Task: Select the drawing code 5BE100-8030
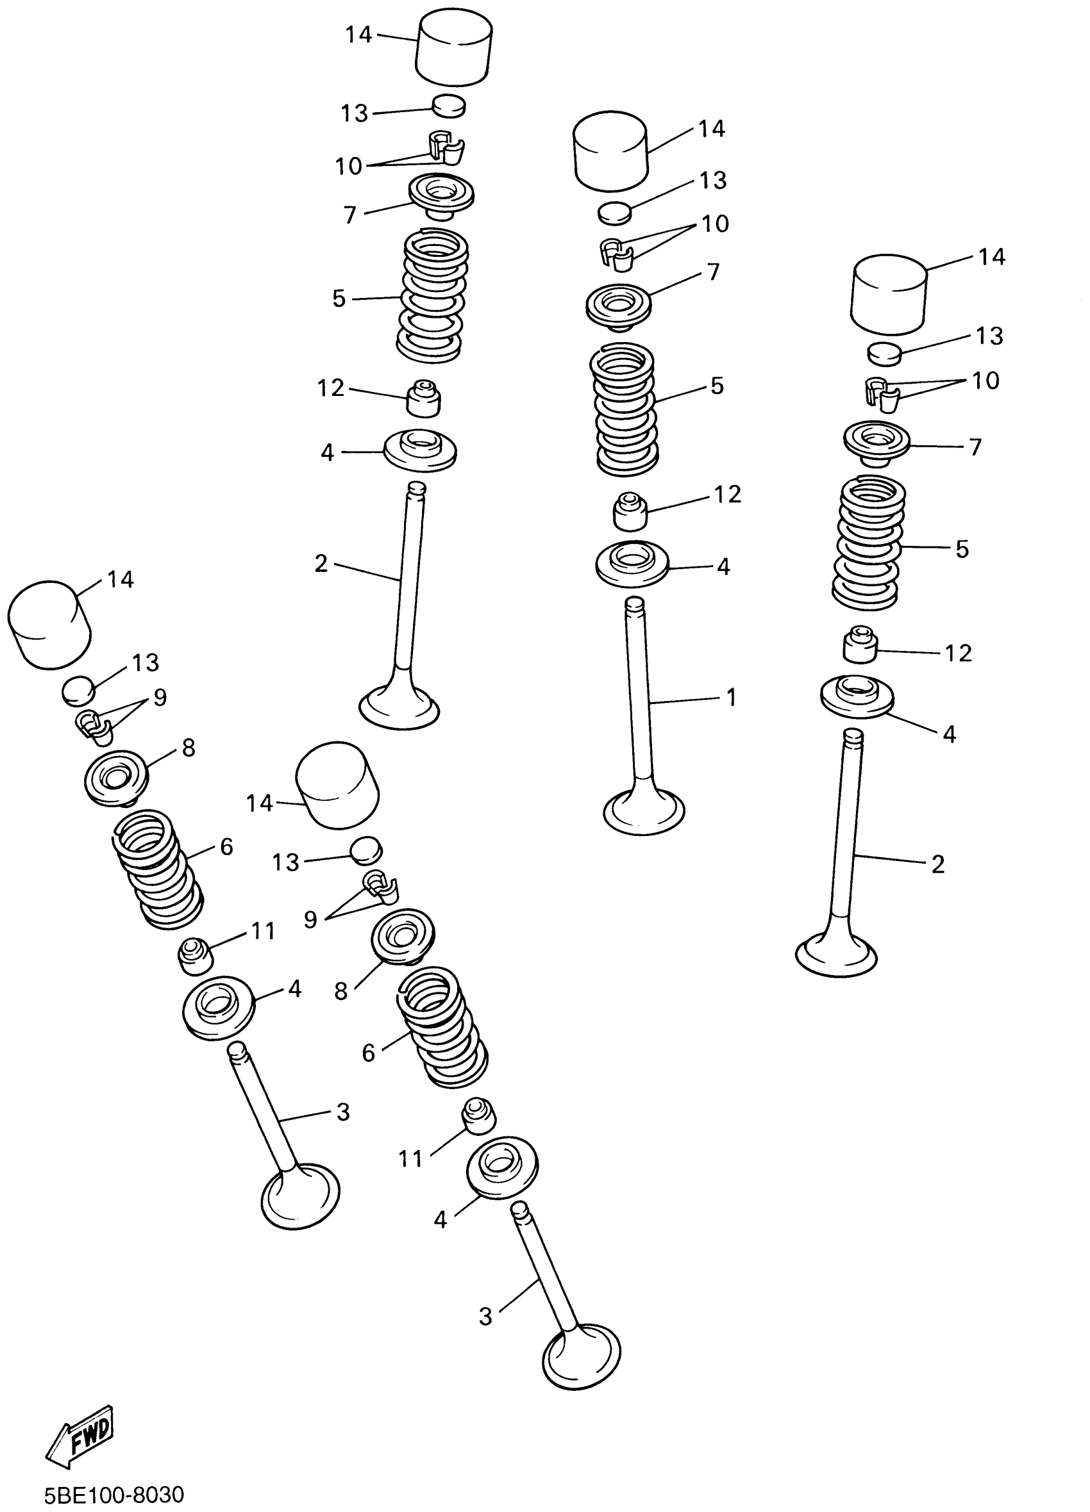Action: (113, 1494)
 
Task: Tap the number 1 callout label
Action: (731, 698)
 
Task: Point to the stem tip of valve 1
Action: (634, 605)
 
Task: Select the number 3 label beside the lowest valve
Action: (485, 1316)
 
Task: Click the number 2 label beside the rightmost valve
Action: (938, 865)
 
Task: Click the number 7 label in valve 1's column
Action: (713, 272)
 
